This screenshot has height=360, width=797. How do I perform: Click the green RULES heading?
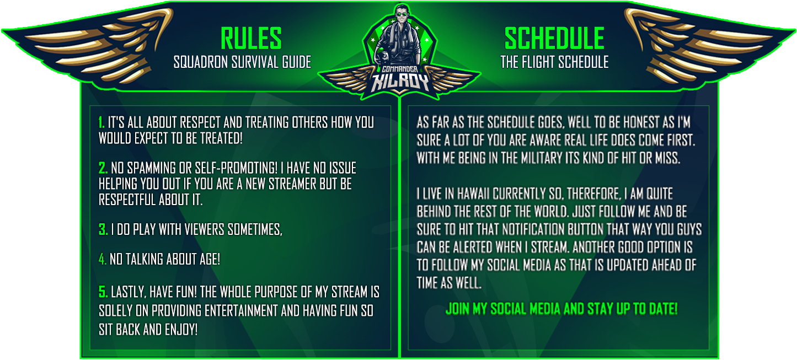pyautogui.click(x=251, y=38)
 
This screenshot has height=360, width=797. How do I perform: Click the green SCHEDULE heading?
pyautogui.click(x=554, y=38)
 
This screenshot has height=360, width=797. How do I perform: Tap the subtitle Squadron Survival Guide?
pyautogui.click(x=242, y=62)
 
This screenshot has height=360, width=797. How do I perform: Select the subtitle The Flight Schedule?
pyautogui.click(x=554, y=62)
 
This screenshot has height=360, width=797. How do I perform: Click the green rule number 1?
pyautogui.click(x=101, y=122)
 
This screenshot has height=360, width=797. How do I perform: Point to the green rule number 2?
pyautogui.click(x=103, y=168)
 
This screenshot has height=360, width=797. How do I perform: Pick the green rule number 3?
pyautogui.click(x=103, y=229)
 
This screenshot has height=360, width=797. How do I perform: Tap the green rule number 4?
pyautogui.click(x=103, y=259)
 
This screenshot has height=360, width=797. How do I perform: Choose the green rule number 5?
pyautogui.click(x=103, y=292)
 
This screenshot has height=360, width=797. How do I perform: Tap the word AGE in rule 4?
pyautogui.click(x=210, y=259)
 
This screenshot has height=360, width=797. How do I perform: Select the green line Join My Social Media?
pyautogui.click(x=561, y=309)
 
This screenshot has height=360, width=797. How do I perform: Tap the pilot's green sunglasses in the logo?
pyautogui.click(x=402, y=14)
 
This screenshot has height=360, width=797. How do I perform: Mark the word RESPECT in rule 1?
pyautogui.click(x=200, y=122)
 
